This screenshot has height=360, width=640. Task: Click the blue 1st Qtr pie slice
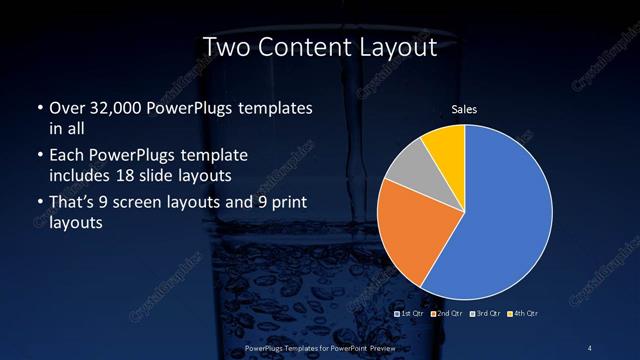pyautogui.click(x=505, y=215)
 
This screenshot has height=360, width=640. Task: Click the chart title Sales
pyautogui.click(x=465, y=108)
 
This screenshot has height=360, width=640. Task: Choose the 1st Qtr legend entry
pyautogui.click(x=412, y=313)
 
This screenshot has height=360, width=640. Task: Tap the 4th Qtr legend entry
pyautogui.click(x=523, y=313)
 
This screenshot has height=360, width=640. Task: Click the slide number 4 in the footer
pyautogui.click(x=590, y=346)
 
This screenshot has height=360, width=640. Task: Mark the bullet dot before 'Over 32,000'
pyautogui.click(x=38, y=108)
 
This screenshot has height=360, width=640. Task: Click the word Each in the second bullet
pyautogui.click(x=66, y=157)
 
